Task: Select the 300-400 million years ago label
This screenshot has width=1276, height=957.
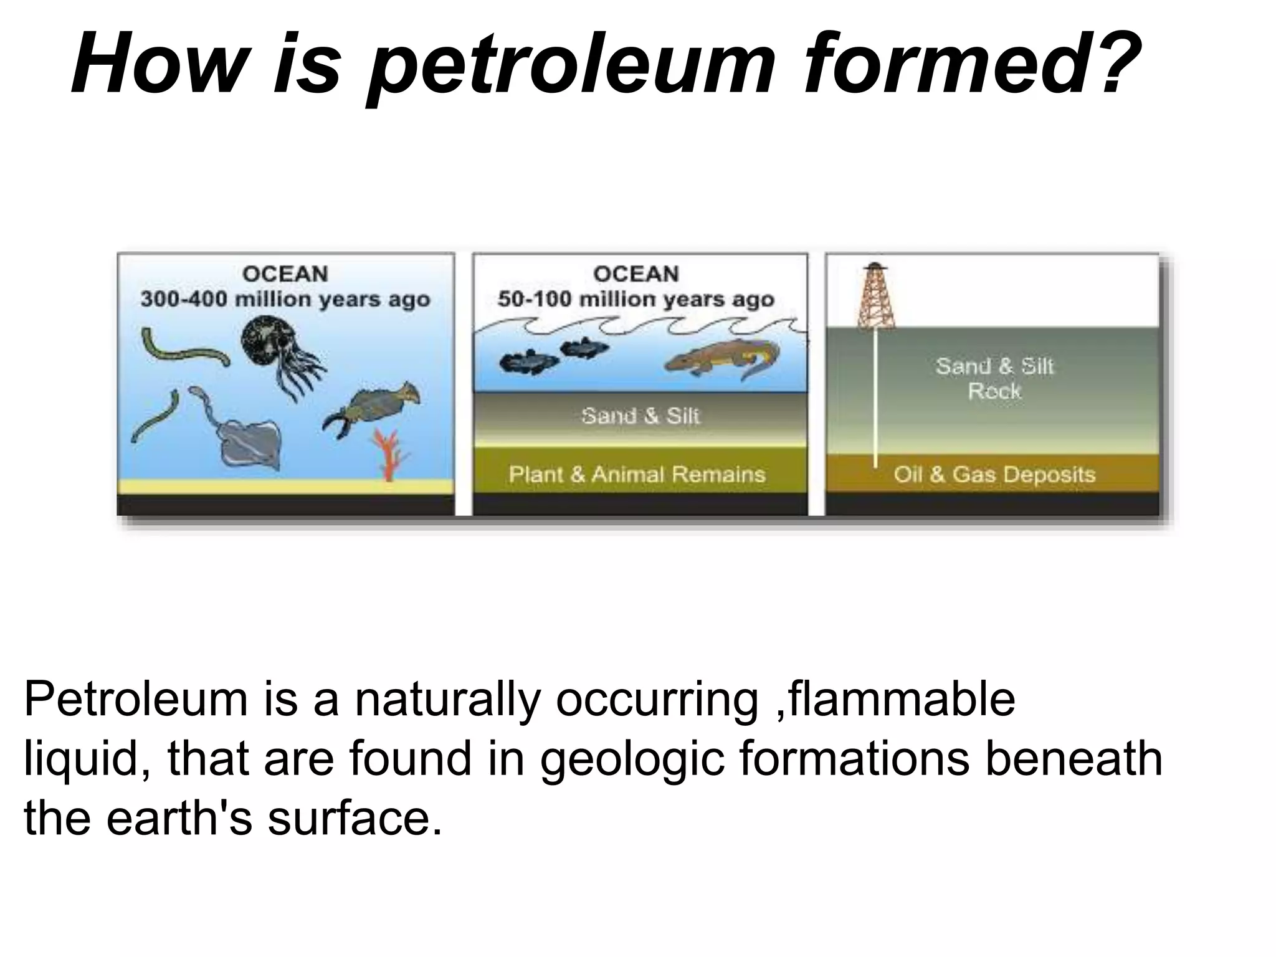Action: [285, 299]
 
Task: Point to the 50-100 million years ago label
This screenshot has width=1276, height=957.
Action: [636, 299]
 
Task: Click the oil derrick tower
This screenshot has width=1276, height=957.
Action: [875, 297]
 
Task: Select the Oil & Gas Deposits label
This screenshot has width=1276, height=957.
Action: [994, 475]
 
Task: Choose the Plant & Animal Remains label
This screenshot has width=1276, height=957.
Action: [637, 475]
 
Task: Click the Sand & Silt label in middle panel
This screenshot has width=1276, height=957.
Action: [640, 416]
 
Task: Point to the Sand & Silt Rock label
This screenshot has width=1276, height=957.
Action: [994, 378]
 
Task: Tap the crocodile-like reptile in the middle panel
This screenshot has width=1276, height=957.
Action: [723, 360]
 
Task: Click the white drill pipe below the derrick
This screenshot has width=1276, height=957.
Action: [875, 399]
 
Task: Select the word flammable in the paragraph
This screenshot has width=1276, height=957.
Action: [897, 699]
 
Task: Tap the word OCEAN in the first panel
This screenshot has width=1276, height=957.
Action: [285, 274]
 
